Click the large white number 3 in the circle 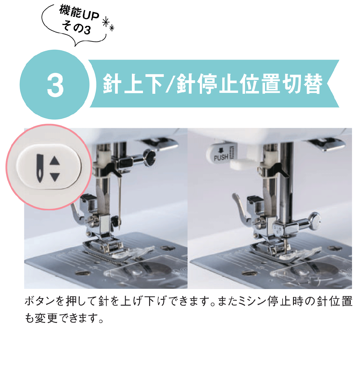[55, 85]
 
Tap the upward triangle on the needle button [55, 161]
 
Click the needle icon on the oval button [40, 169]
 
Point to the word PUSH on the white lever [221, 157]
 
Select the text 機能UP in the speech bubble [79, 13]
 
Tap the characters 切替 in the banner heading [302, 84]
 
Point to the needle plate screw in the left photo [83, 273]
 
